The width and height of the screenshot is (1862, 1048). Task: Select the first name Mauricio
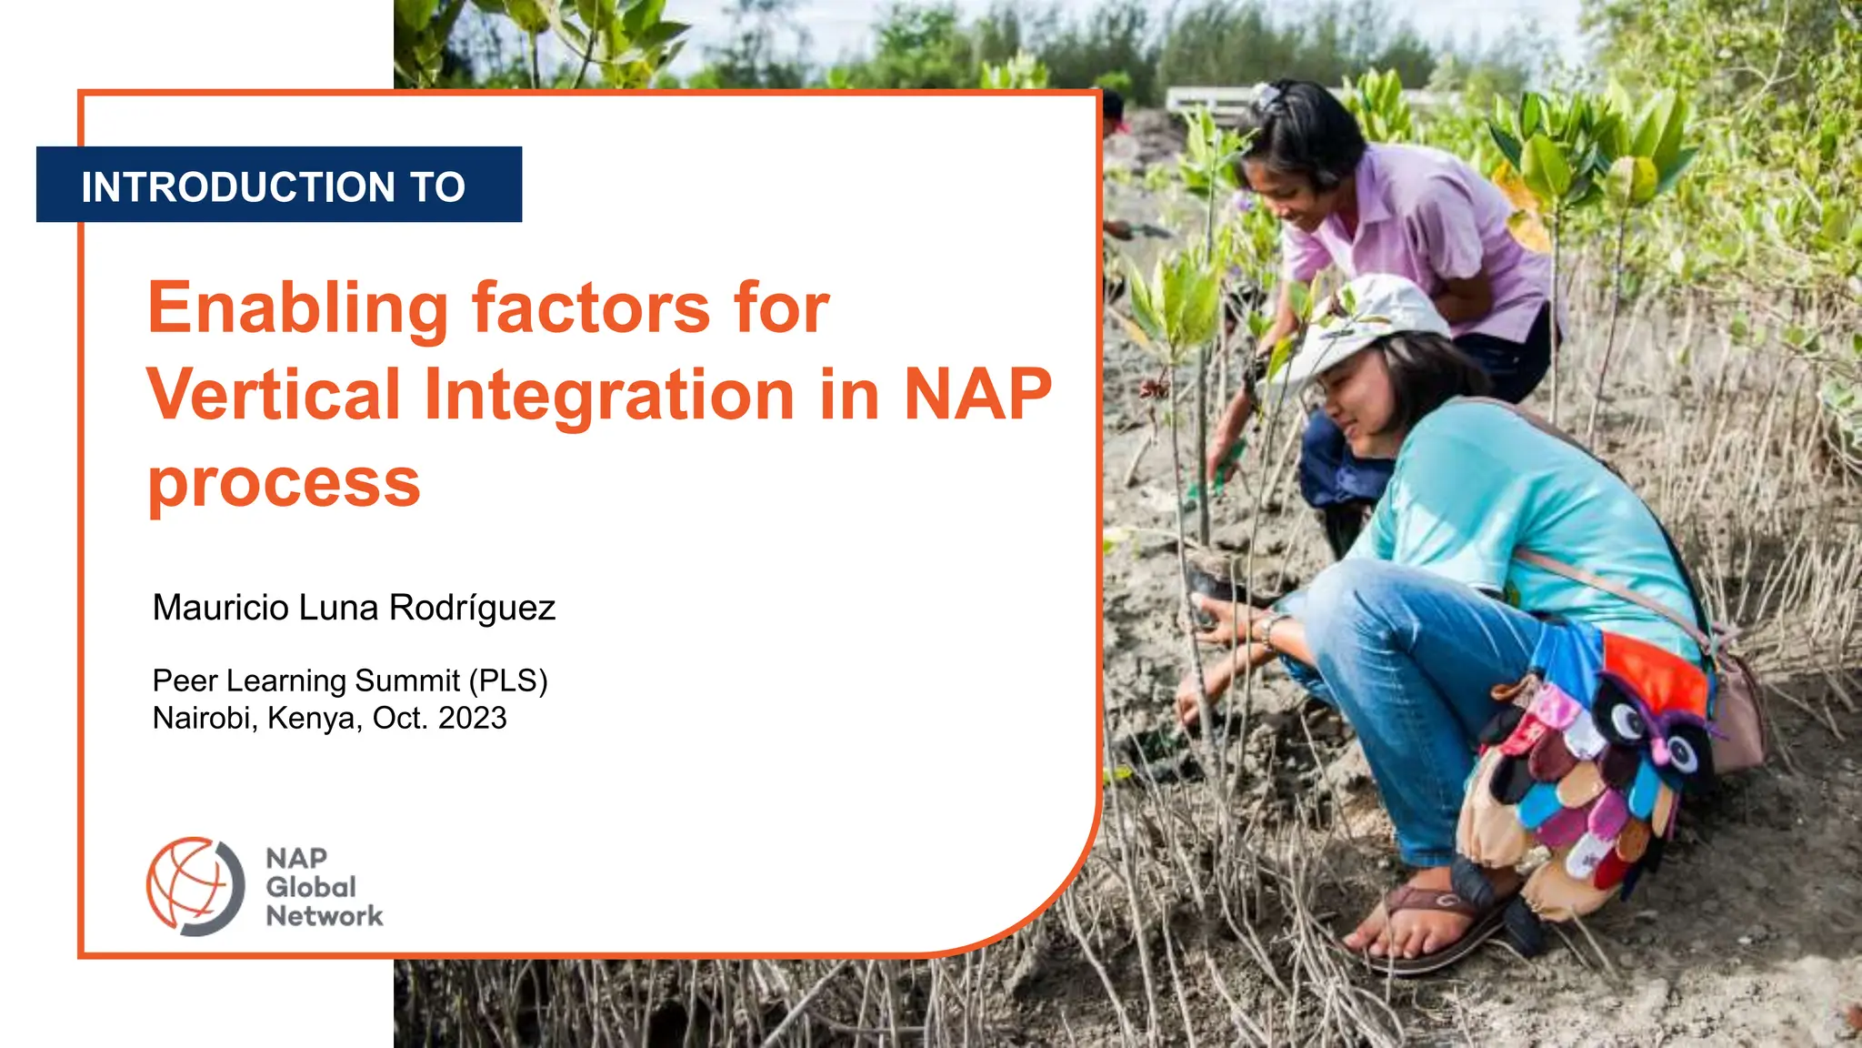click(x=220, y=608)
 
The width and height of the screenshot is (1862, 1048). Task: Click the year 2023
click(x=472, y=718)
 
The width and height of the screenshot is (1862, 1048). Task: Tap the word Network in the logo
click(x=324, y=916)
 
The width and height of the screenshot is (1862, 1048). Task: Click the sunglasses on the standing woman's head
click(x=1268, y=96)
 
